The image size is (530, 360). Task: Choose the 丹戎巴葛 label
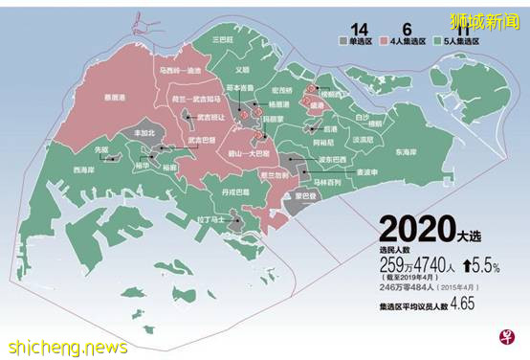click(234, 191)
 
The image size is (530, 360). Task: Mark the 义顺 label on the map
click(242, 70)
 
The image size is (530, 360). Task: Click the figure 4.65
click(462, 304)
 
